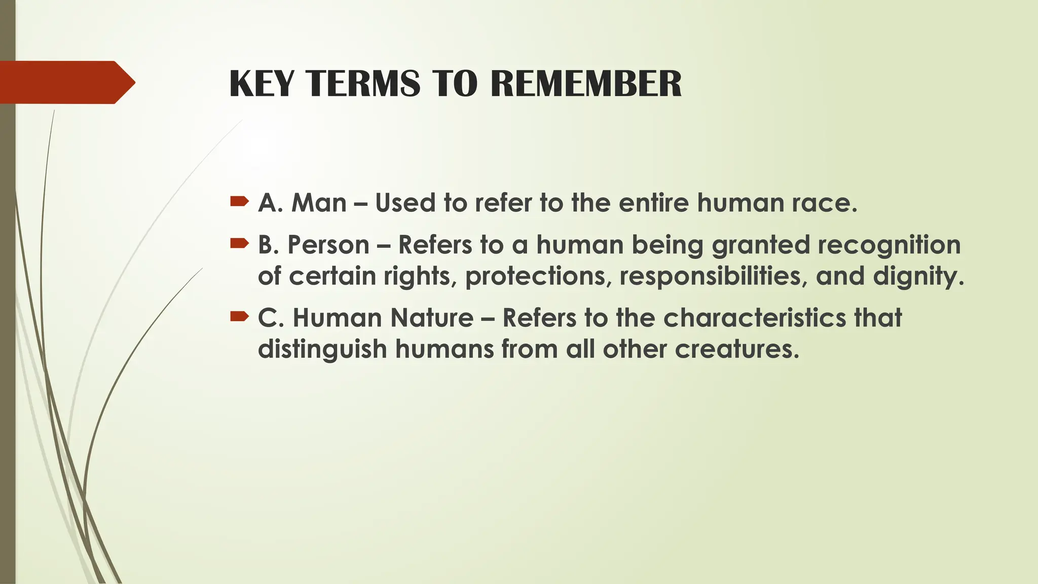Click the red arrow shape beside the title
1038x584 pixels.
click(x=66, y=82)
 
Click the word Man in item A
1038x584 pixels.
click(x=319, y=203)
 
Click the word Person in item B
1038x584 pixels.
click(x=328, y=245)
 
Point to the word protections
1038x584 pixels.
click(x=538, y=276)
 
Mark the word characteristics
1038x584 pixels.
click(x=755, y=318)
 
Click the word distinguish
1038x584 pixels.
click(x=322, y=349)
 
